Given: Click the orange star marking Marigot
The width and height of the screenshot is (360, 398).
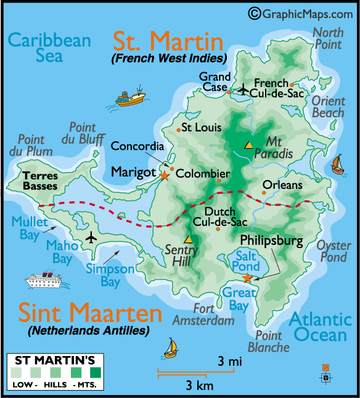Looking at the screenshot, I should click(x=164, y=175).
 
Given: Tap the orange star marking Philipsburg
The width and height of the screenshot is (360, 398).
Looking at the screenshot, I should click(x=247, y=278).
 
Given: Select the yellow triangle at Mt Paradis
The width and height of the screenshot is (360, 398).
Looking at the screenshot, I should click(x=248, y=145).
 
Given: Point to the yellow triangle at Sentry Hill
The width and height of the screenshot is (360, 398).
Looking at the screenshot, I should click(x=188, y=239).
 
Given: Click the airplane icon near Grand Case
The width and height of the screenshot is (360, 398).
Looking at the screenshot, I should click(x=243, y=90).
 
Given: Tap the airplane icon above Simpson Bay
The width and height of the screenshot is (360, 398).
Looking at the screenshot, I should click(x=92, y=238).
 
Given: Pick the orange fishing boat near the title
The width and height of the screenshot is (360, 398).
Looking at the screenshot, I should click(x=130, y=98).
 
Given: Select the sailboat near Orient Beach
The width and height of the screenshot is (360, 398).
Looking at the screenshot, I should click(x=338, y=165).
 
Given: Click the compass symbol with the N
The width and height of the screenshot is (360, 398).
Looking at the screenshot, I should click(x=325, y=375).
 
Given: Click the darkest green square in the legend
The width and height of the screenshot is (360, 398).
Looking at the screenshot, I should click(x=95, y=373).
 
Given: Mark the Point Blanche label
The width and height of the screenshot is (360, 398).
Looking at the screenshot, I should click(x=268, y=341).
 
